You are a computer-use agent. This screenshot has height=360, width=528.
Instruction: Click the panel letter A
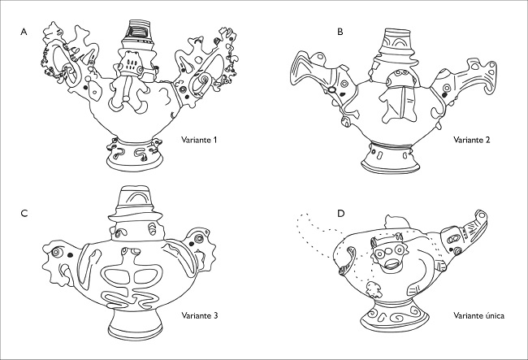coord(24,32)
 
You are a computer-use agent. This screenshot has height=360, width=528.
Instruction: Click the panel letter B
coord(340,32)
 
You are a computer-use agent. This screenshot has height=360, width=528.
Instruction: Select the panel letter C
coord(24,214)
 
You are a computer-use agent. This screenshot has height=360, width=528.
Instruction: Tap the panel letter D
coord(341,214)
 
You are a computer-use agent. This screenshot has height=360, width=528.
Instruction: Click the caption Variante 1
coord(199,140)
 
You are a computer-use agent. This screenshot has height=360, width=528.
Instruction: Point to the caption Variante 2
coord(471,140)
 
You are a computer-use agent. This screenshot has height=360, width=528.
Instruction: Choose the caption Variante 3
coord(199,315)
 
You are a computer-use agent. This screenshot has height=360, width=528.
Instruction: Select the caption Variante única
coord(478,315)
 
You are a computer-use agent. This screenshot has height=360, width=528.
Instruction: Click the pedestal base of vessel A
coord(135,155)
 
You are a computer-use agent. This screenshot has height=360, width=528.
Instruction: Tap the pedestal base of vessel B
coord(390,158)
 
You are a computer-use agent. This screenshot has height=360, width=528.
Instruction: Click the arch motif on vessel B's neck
coord(398,41)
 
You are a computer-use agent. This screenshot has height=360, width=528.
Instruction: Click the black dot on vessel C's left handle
coord(70,255)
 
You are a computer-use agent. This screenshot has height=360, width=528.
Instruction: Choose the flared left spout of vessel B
coord(309,72)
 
